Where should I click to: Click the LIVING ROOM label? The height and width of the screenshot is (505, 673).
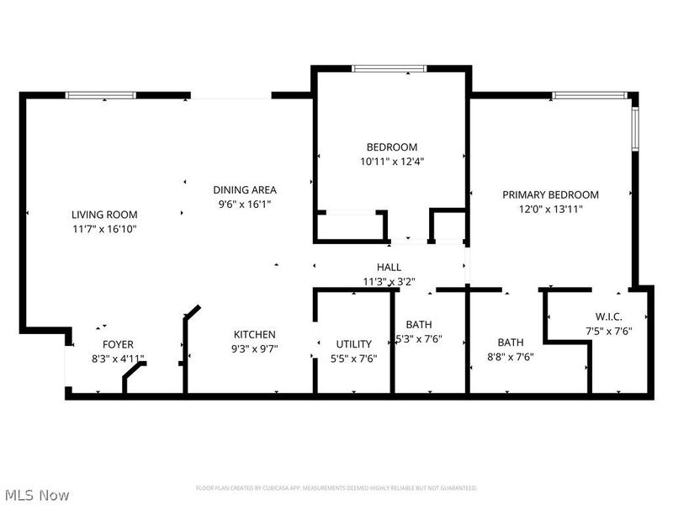tap(104, 215)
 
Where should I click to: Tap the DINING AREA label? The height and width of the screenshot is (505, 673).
tap(245, 190)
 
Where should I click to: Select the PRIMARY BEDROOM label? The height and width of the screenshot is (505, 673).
tap(550, 194)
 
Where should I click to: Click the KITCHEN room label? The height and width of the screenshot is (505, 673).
tap(255, 334)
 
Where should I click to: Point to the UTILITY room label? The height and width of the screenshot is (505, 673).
tap(354, 343)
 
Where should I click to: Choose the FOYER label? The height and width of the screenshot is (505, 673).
tap(118, 344)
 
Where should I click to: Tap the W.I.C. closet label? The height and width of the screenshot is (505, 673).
tap(608, 317)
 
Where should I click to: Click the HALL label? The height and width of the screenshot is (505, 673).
tap(389, 268)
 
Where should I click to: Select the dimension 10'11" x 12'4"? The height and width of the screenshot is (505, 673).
tap(392, 161)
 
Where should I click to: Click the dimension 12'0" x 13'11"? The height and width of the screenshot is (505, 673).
tap(550, 209)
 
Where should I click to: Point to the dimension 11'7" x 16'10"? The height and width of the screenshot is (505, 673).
tap(104, 229)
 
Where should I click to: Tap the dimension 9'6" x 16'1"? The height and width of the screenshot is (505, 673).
tap(245, 204)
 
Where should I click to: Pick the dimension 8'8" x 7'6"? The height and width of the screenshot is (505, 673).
tap(511, 356)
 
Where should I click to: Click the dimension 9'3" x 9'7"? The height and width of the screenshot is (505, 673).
tap(255, 348)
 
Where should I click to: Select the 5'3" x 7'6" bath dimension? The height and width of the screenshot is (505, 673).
tap(419, 339)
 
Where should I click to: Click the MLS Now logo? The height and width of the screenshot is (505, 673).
tap(37, 495)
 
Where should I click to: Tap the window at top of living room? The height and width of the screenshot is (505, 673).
tap(101, 95)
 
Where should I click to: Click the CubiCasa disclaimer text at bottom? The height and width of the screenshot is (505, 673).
tap(336, 488)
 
